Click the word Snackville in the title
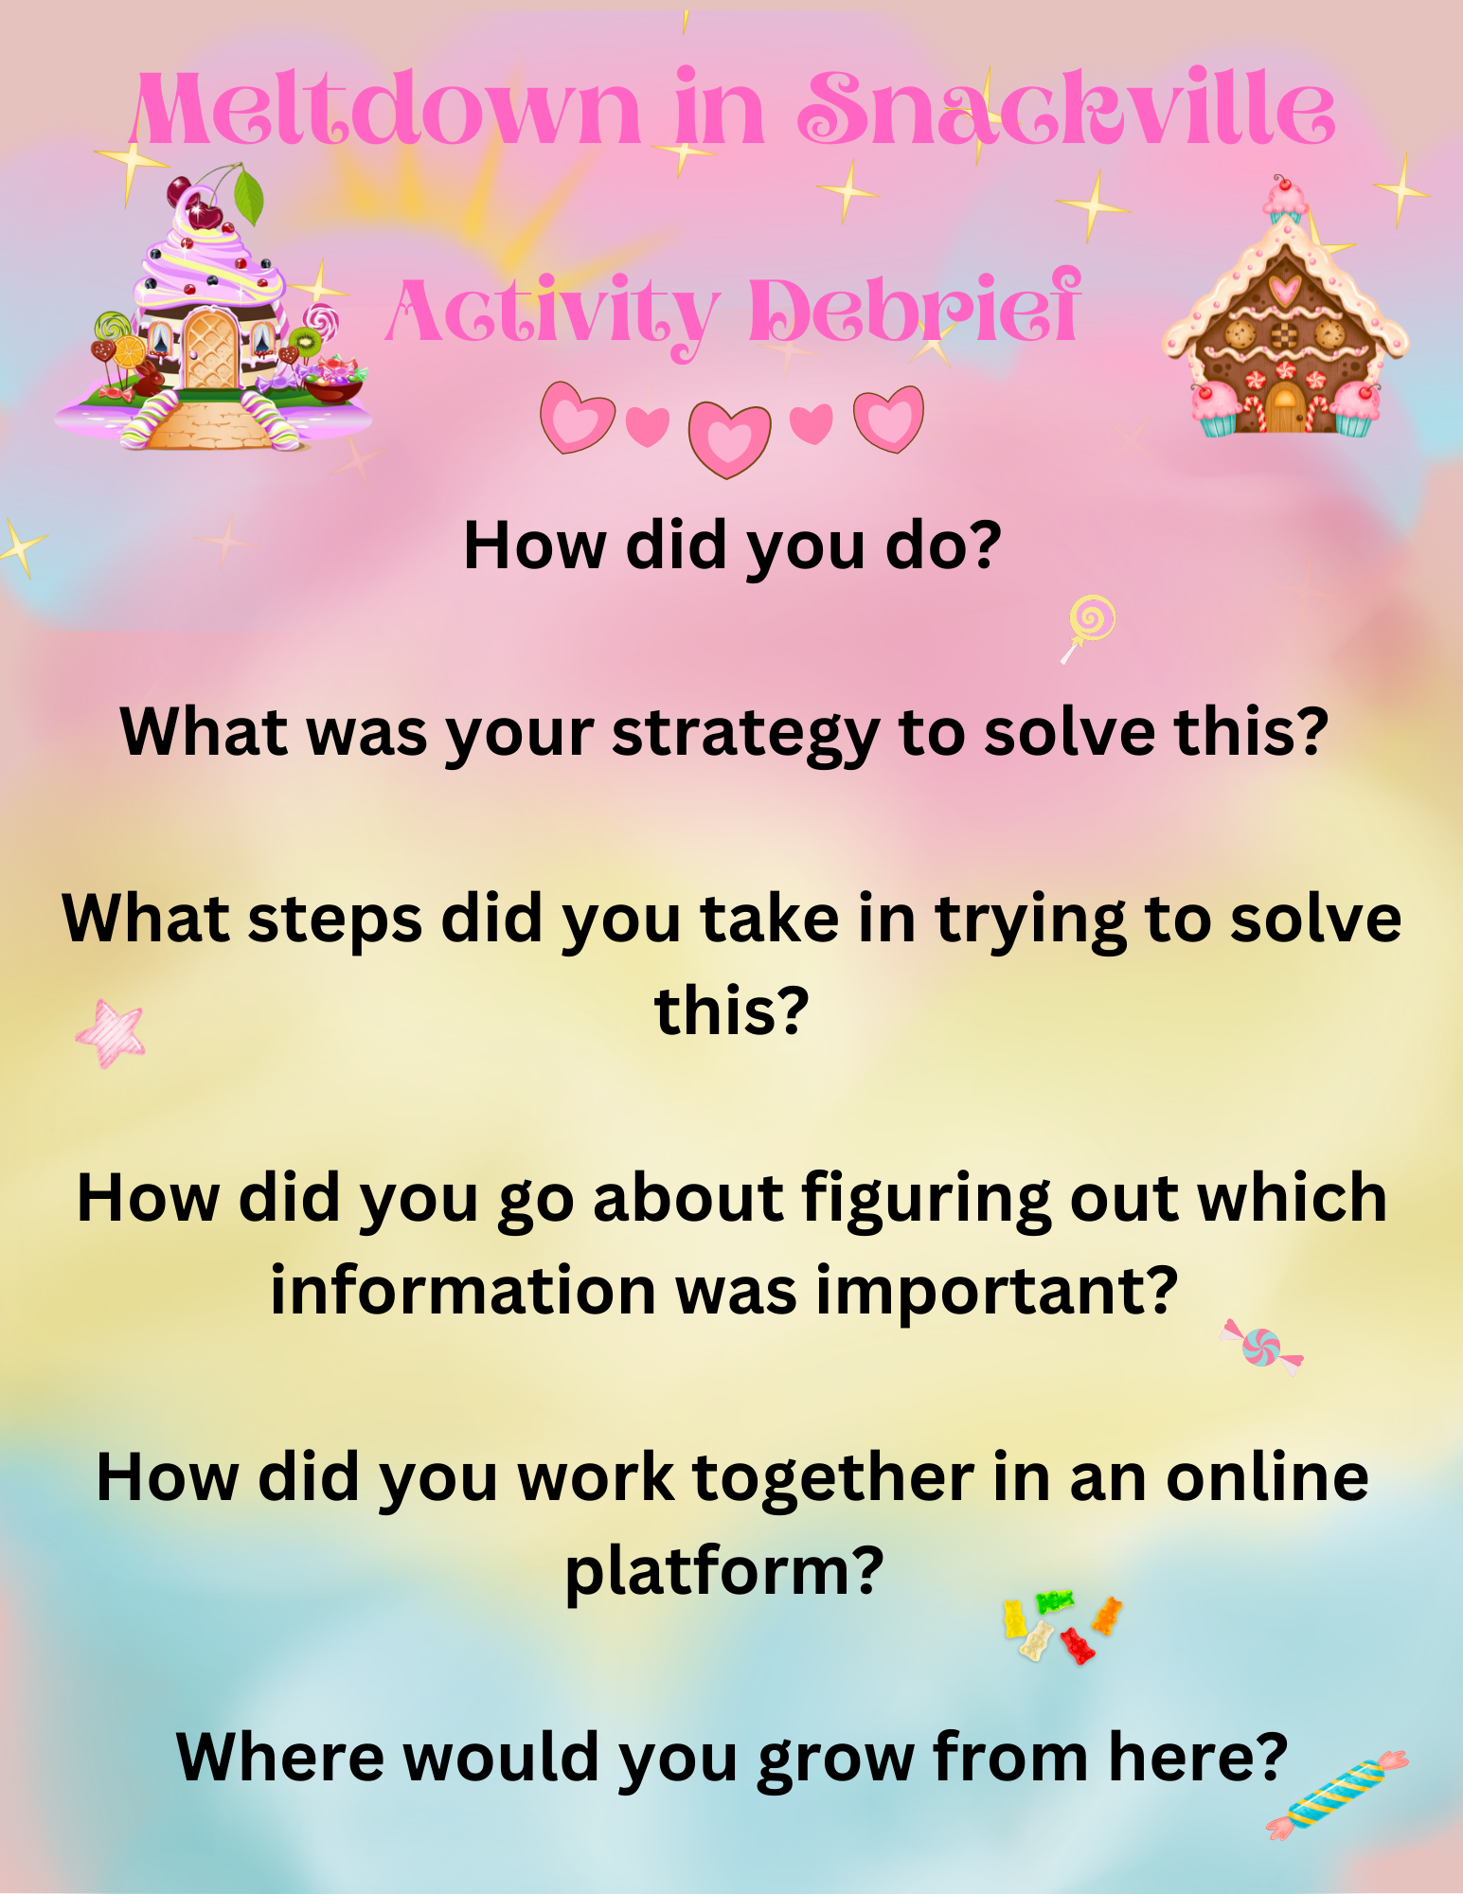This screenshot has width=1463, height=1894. [x=1066, y=110]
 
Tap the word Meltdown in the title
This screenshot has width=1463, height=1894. [x=385, y=110]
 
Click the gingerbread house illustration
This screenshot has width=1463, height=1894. [x=1286, y=307]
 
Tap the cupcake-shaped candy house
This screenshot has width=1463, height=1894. [x=213, y=308]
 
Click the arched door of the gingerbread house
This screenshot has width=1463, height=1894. [x=1285, y=407]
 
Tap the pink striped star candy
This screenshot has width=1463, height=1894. [x=111, y=1033]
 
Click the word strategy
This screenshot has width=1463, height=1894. [x=746, y=735]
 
